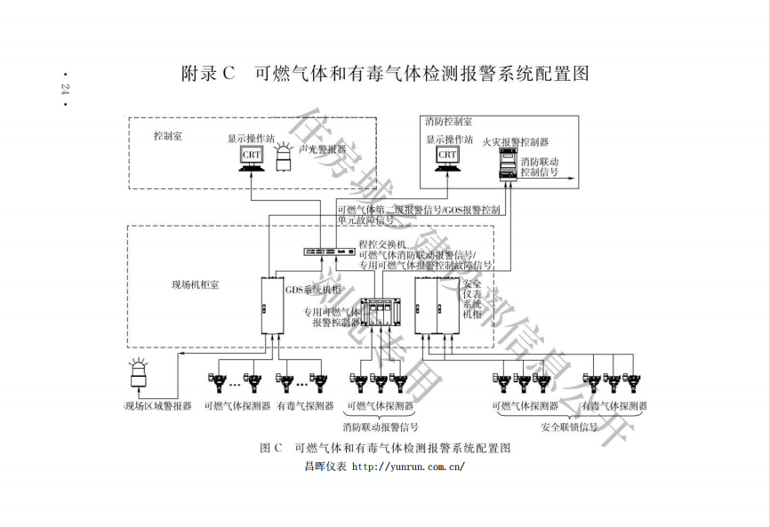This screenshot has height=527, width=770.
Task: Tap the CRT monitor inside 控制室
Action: coord(250,156)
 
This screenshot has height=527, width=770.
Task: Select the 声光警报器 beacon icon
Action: coord(285,159)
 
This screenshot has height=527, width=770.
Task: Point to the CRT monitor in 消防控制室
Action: coord(447,156)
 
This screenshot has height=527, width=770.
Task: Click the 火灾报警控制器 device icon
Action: coord(508,164)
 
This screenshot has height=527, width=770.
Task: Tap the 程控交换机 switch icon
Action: coord(328,251)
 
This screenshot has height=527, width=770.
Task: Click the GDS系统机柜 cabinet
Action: coord(270,306)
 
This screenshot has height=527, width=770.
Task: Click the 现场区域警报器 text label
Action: coord(158,406)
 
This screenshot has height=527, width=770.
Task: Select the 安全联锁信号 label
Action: coord(569,427)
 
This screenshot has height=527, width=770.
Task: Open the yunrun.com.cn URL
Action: coord(408,466)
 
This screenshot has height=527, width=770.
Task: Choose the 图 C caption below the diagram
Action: coord(385,448)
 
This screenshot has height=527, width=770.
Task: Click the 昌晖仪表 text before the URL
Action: coord(325,466)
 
